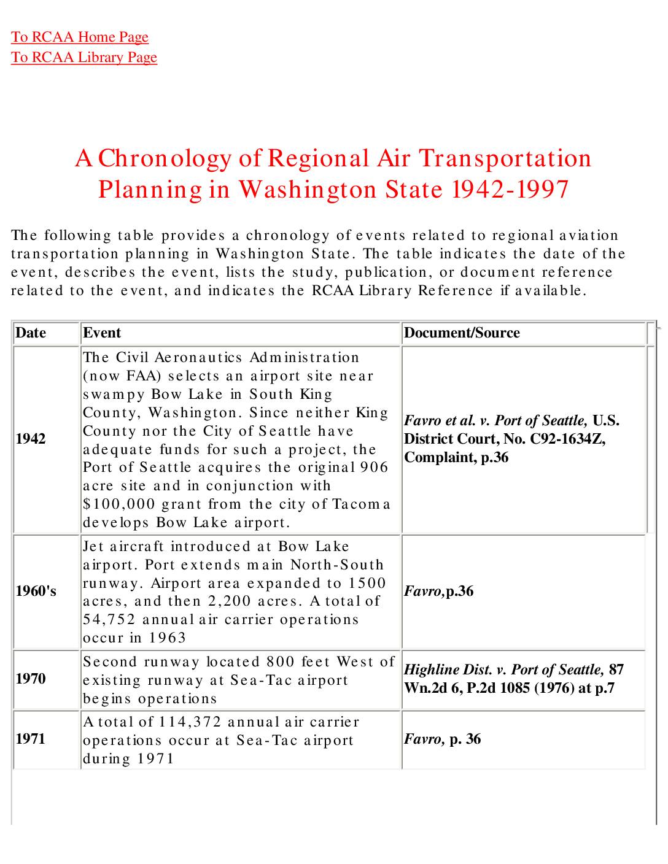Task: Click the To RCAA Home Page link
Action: (x=80, y=37)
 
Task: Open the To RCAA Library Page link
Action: (x=84, y=57)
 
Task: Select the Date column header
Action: (x=31, y=333)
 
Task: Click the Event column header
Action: (x=102, y=333)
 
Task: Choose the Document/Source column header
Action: (x=462, y=333)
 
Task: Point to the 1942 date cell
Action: (x=31, y=439)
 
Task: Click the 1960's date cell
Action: (x=36, y=591)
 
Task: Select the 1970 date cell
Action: (x=31, y=679)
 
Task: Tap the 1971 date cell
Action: (x=31, y=739)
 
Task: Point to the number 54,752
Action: (x=109, y=619)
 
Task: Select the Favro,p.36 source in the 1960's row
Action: (x=438, y=591)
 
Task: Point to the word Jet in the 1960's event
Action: (x=94, y=546)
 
